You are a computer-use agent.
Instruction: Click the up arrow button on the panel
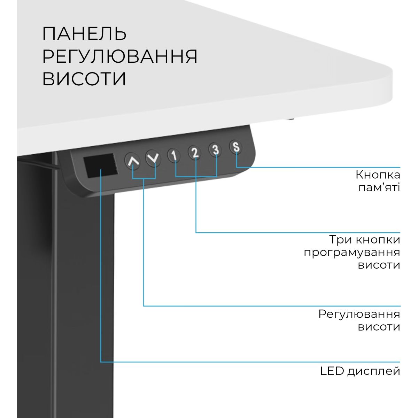click(x=133, y=161)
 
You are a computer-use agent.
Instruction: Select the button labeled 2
click(x=195, y=152)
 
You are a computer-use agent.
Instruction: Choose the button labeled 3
click(x=216, y=149)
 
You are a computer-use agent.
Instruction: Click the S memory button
click(x=236, y=147)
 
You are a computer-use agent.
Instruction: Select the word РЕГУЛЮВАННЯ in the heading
click(x=120, y=56)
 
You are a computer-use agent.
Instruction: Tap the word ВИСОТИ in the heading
click(x=84, y=79)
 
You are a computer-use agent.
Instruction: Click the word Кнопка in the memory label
click(x=378, y=175)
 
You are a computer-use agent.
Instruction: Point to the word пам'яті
click(x=379, y=187)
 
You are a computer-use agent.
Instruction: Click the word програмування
click(x=351, y=252)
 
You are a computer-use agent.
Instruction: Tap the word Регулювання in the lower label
click(x=359, y=314)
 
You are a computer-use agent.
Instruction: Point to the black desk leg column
click(x=84, y=296)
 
